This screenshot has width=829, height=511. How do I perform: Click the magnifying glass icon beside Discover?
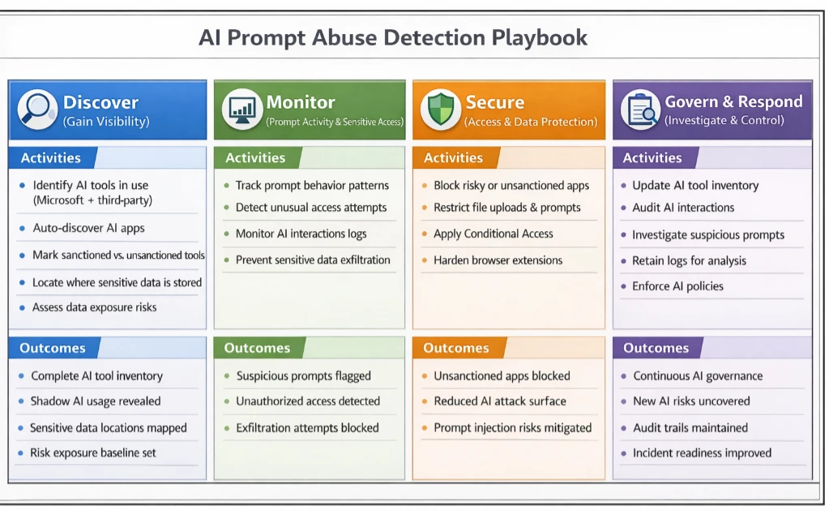point(36,109)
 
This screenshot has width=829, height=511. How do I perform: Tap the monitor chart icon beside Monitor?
point(241,109)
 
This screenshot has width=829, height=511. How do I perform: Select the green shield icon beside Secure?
point(439,109)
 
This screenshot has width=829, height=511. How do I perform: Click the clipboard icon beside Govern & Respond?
point(639,109)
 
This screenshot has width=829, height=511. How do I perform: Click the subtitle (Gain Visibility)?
point(106,121)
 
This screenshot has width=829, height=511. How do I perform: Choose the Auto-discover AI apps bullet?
point(88,228)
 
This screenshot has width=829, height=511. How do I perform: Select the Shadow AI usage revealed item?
point(96,401)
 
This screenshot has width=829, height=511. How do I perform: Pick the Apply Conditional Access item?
point(493,234)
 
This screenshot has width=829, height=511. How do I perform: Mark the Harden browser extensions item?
point(498,260)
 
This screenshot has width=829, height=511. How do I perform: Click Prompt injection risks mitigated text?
point(512,427)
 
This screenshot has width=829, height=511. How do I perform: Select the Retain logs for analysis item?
point(689,260)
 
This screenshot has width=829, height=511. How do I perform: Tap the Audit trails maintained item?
point(690,427)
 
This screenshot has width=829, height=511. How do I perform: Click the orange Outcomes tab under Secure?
point(456,348)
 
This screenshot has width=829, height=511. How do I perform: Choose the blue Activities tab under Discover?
point(50,157)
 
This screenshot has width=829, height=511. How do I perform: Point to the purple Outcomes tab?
point(656,348)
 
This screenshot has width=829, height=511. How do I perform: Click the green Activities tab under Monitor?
point(255,157)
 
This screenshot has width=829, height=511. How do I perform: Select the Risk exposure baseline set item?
point(93,453)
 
